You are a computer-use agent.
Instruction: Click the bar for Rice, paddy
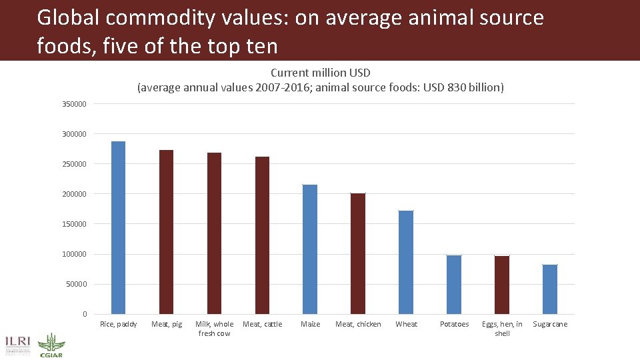(x=118, y=227)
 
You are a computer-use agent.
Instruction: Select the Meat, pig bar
(x=166, y=232)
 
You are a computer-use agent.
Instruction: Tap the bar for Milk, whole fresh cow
(x=214, y=233)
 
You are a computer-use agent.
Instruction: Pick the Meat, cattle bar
(x=262, y=235)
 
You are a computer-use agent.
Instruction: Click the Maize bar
(x=310, y=249)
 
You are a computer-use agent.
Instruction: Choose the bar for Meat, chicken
(x=358, y=253)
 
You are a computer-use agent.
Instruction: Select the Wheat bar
(x=406, y=262)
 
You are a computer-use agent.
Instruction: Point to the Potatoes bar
(x=454, y=285)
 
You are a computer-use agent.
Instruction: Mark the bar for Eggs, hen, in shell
(x=502, y=285)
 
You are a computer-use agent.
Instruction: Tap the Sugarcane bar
(x=550, y=289)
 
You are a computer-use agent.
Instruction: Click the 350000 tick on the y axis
(x=74, y=104)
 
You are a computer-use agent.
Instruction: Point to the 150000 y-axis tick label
(x=74, y=224)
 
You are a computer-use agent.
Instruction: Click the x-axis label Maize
(x=310, y=325)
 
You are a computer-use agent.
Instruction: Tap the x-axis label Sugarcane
(x=550, y=325)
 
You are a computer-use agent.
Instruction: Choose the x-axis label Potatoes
(x=454, y=325)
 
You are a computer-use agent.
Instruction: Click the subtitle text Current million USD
(x=320, y=73)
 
